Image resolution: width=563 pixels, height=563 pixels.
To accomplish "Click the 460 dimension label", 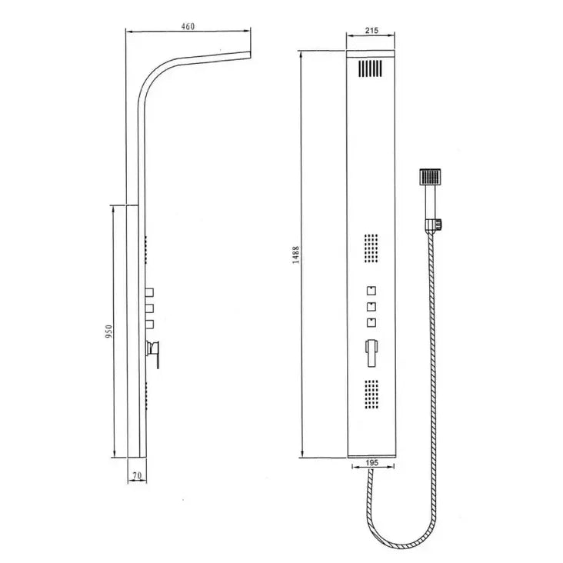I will (188, 26).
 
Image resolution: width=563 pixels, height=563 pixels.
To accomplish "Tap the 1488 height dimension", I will (296, 254).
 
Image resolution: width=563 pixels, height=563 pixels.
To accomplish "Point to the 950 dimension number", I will (109, 331).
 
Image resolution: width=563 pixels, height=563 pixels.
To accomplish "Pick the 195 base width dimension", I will (371, 463).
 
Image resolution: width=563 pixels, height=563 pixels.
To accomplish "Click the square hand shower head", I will (430, 176).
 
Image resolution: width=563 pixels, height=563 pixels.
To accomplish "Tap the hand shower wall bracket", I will (434, 225).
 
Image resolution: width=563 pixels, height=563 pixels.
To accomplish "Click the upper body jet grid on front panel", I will (371, 250).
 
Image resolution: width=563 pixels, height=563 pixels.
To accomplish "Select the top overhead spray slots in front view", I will (370, 69).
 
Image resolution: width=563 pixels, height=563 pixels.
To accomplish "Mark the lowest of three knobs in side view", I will (149, 325).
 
